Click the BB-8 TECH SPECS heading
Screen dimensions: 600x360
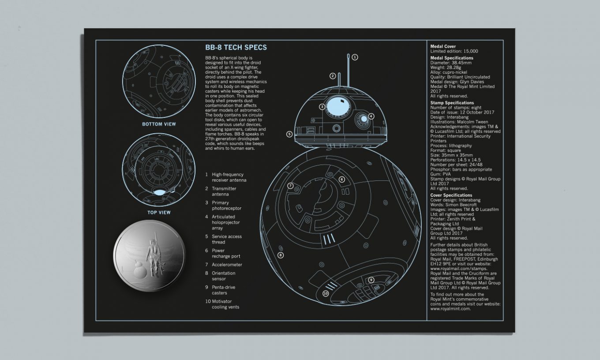(x=236, y=48)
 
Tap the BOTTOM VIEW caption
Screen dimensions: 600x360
(x=159, y=124)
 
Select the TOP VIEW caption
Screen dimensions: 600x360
(x=159, y=212)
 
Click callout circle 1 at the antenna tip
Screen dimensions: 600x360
(x=355, y=57)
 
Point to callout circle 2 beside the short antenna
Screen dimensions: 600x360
(x=333, y=76)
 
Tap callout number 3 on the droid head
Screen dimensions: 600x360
(x=322, y=107)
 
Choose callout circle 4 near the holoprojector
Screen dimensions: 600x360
(x=371, y=116)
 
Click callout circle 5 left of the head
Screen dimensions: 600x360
(x=289, y=134)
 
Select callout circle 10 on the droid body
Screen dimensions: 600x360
(x=326, y=293)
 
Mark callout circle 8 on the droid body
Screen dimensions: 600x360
(x=281, y=255)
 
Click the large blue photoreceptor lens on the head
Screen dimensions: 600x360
(x=338, y=104)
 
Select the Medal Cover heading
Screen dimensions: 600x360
(x=443, y=46)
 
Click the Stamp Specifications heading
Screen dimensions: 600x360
(x=452, y=103)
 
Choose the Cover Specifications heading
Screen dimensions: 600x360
(x=451, y=195)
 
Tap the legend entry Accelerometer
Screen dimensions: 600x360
(x=227, y=265)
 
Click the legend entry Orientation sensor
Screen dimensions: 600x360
(x=224, y=276)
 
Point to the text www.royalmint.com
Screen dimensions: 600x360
(x=450, y=309)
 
